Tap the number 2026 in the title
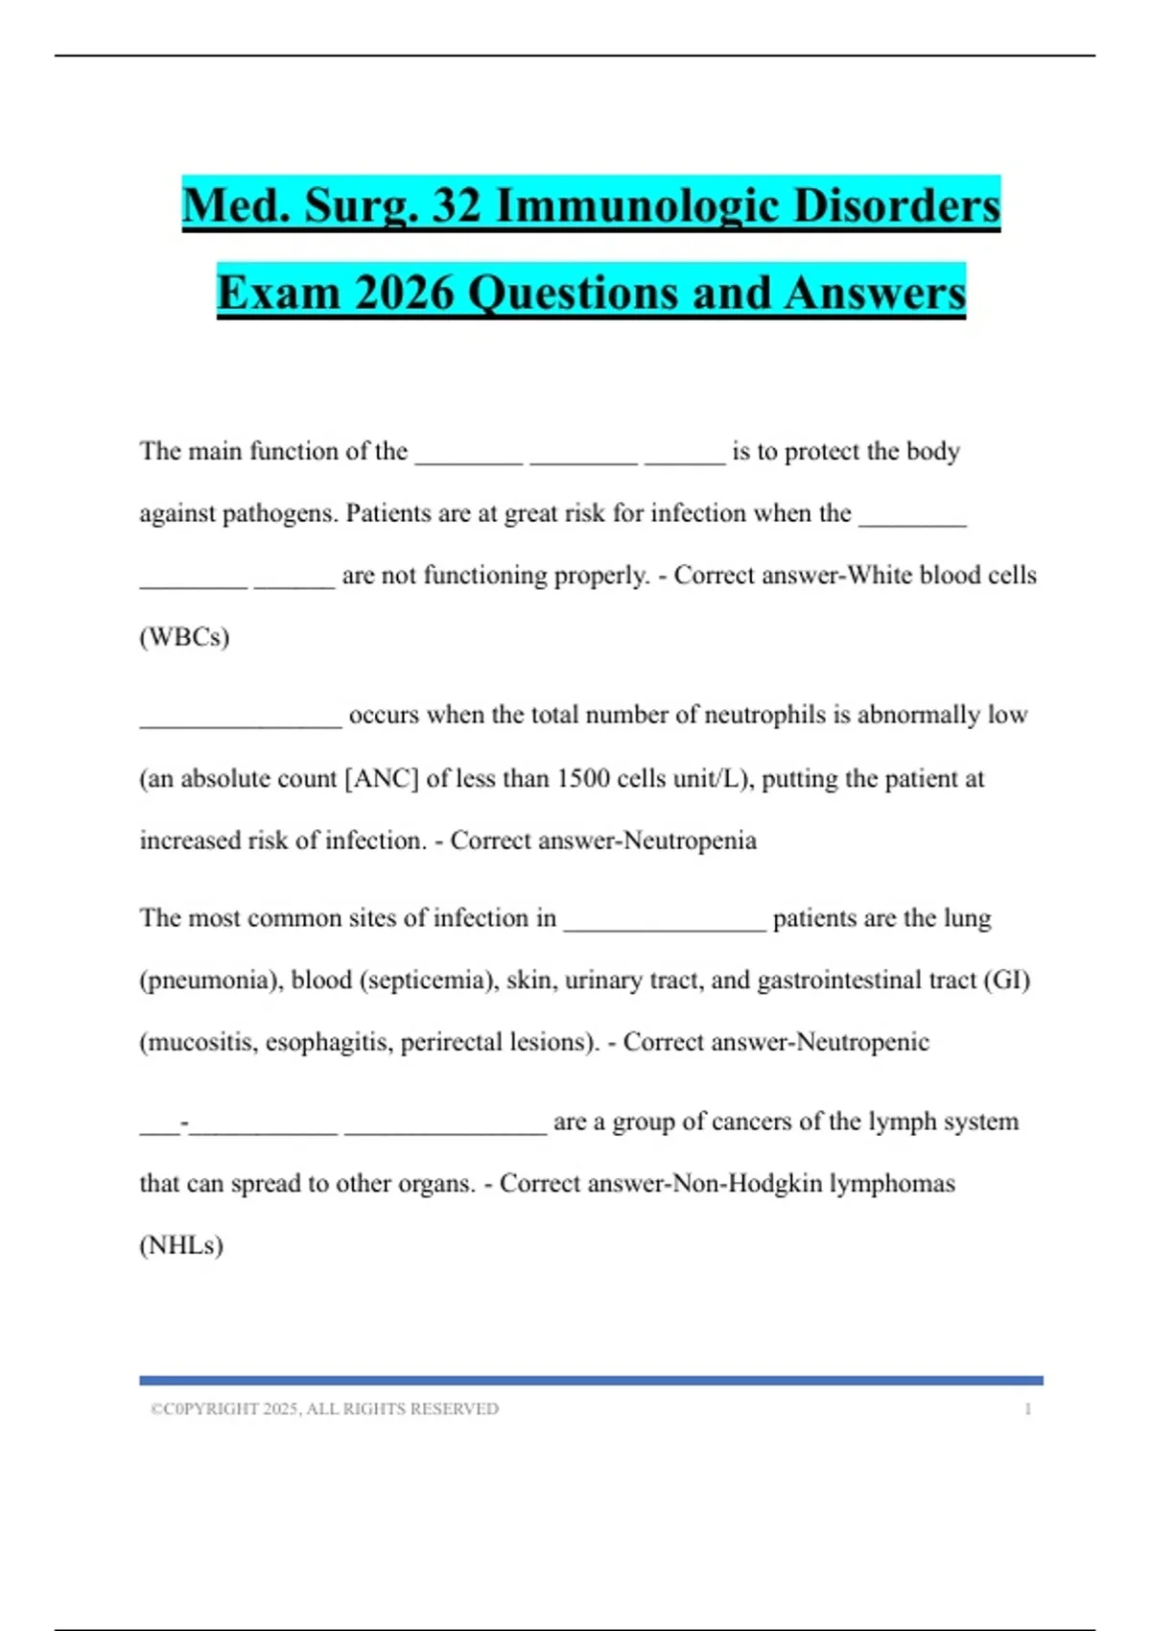click(404, 293)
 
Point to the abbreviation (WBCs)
click(184, 637)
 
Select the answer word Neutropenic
click(862, 1043)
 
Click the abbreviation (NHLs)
click(181, 1245)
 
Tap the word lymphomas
click(892, 1184)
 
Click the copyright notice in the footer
click(324, 1408)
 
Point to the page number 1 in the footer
click(1027, 1408)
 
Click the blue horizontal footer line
click(591, 1381)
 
